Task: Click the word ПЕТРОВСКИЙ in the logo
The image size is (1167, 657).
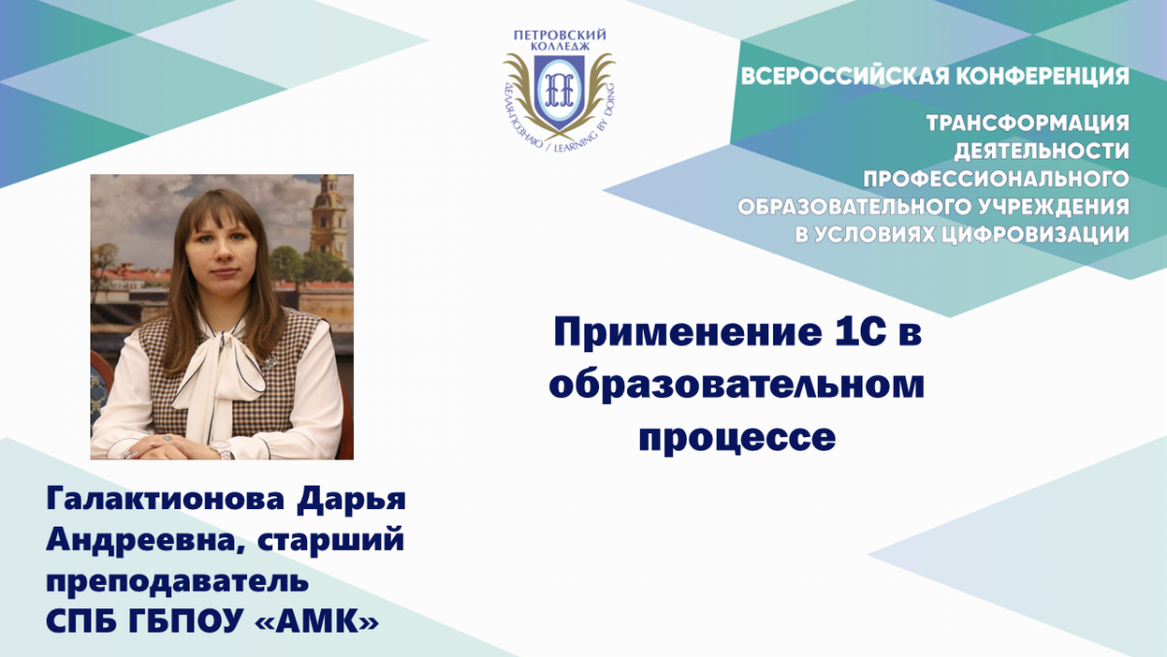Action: tap(559, 35)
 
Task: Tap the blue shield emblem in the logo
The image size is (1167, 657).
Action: tap(559, 92)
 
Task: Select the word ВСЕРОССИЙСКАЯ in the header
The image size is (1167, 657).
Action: tap(843, 76)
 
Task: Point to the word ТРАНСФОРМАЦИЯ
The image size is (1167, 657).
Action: tap(1028, 123)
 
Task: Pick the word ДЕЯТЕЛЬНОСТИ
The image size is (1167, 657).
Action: tap(1042, 151)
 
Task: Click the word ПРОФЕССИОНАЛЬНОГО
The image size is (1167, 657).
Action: tap(996, 179)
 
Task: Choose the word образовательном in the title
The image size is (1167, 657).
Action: tap(737, 385)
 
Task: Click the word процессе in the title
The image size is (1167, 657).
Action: tap(737, 439)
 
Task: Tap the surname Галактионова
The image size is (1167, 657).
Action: tap(165, 499)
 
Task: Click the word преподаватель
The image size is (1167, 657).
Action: tap(177, 581)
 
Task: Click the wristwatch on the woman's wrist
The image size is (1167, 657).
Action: tap(223, 449)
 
